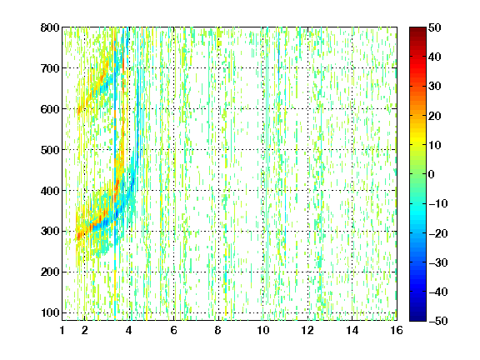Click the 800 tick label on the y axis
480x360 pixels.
coord(50,27)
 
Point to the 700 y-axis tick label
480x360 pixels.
coord(50,68)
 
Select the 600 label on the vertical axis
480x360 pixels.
coord(50,109)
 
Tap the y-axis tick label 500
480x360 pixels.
coord(50,150)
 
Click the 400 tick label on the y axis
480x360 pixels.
coord(50,191)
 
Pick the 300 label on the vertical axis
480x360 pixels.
coord(50,231)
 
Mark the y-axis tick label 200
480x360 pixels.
coord(50,272)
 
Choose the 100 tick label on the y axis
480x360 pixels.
coord(50,312)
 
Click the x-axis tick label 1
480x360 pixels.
coord(62,330)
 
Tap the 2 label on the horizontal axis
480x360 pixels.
coord(85,330)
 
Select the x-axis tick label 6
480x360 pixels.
coord(174,330)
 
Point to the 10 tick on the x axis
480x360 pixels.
coord(263,330)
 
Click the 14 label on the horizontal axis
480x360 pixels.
coord(352,330)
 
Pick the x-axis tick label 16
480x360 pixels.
coord(397,330)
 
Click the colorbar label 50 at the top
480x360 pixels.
coord(434,27)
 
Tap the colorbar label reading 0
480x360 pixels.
coord(432,174)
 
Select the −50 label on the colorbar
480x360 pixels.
coord(438,321)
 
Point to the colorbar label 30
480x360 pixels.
coord(434,87)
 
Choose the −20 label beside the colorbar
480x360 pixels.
coord(438,233)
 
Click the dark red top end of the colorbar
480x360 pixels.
coord(417,29)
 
